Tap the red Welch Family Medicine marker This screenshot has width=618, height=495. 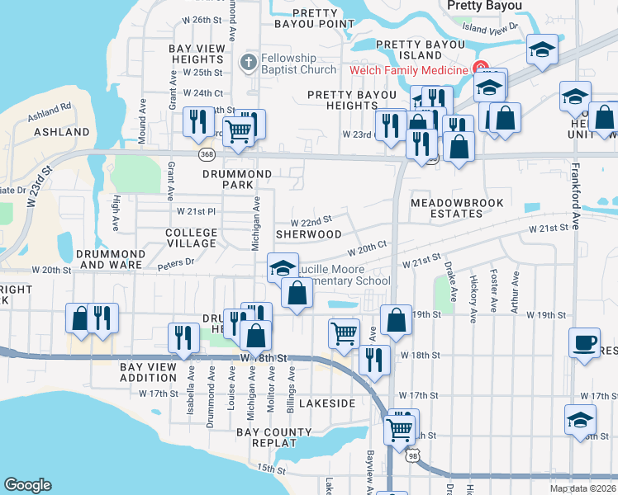[x=478, y=70]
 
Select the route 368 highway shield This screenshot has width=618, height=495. [x=207, y=154]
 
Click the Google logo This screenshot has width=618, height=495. [x=27, y=485]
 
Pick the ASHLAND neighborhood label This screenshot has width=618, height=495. [x=62, y=132]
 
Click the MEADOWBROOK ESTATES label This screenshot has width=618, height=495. [x=446, y=208]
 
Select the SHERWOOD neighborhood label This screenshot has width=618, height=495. [x=308, y=234]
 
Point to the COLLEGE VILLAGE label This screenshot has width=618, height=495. [x=191, y=238]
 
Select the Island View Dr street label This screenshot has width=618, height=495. [x=490, y=27]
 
